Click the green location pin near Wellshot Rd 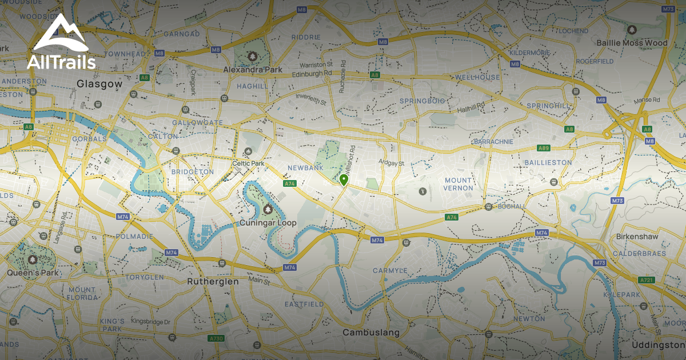click(x=344, y=180)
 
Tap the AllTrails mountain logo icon click(x=61, y=35)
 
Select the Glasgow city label click(x=99, y=83)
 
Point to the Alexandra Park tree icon click(x=252, y=56)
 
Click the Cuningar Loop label click(x=268, y=223)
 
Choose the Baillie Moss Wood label click(x=631, y=43)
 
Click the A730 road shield click(x=216, y=338)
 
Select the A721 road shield click(x=647, y=279)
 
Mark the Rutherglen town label click(x=213, y=282)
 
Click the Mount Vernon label click(x=458, y=184)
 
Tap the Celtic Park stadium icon click(x=248, y=151)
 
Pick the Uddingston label click(x=657, y=345)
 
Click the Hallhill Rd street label click(x=470, y=107)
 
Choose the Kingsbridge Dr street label click(x=151, y=322)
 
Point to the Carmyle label click(x=390, y=270)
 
